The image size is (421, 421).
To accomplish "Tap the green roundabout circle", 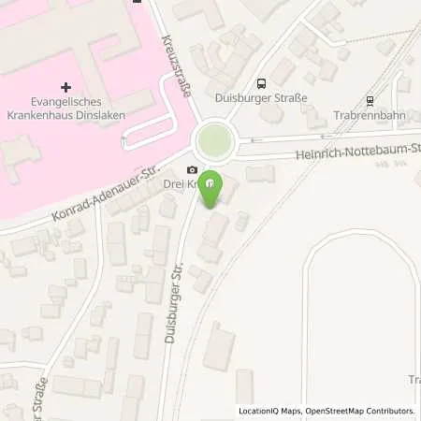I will (x=214, y=143).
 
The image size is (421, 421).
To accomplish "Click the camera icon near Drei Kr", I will (x=192, y=169).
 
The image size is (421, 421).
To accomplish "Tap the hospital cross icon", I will (x=65, y=61).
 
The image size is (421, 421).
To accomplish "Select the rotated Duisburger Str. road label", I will (x=174, y=303).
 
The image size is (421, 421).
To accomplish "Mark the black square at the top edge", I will (x=137, y=2).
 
